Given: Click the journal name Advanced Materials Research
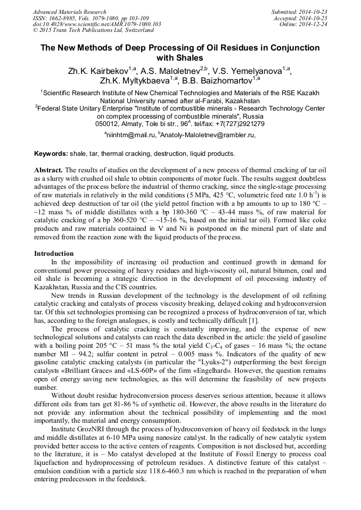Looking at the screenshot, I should [x=69, y=11].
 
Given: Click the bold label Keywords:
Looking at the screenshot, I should [x=51, y=154].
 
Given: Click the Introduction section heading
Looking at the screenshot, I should [x=54, y=254].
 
